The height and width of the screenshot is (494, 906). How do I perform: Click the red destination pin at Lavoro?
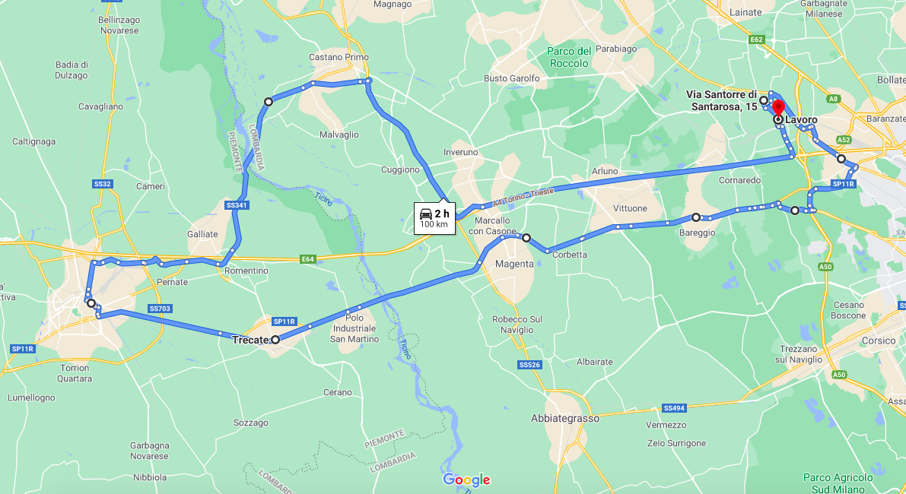coord(777,108)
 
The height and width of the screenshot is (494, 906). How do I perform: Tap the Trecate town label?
coord(251,340)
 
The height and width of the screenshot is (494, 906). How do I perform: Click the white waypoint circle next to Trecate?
coord(275,340)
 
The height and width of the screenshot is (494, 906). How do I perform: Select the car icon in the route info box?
coord(426,214)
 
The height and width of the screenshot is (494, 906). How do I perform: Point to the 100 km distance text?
coord(434,225)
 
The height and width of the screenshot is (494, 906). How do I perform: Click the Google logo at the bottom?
coord(466,480)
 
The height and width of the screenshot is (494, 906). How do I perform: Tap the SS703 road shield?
coord(160,309)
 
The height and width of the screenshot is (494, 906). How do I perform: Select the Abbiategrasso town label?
coord(564,418)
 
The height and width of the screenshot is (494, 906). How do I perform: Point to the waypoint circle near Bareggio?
coord(695,217)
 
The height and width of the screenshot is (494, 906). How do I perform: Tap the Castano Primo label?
coord(339,57)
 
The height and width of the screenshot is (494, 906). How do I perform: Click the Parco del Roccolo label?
coord(569,57)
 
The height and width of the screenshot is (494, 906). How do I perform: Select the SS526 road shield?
coord(529,365)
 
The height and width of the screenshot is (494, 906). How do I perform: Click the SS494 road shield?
coord(674,407)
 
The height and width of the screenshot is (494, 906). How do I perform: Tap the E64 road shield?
coord(307,259)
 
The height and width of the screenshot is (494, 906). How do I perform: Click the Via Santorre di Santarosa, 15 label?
coord(721,100)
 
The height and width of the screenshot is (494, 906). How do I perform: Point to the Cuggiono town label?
coord(401,169)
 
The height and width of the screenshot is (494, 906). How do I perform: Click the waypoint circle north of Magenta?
coord(526,238)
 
